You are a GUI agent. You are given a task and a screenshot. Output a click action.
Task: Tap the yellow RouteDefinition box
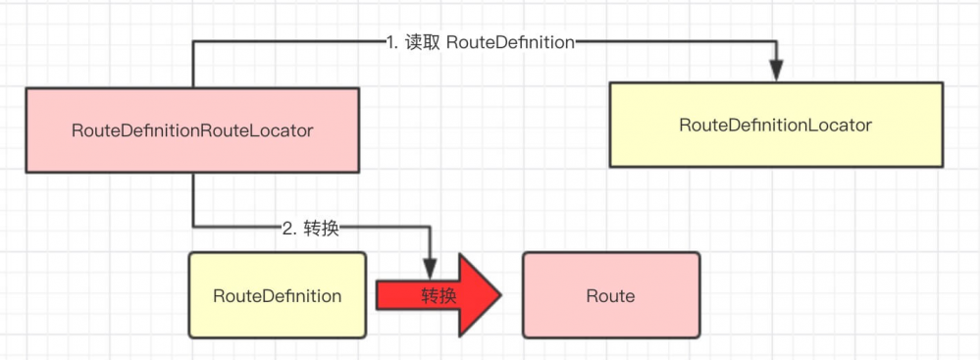[x=277, y=295]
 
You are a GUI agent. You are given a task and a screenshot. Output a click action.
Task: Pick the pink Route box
[x=610, y=295]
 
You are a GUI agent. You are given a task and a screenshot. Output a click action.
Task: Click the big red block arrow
[x=432, y=295]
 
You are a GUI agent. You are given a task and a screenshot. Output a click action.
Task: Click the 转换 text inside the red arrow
[x=438, y=295]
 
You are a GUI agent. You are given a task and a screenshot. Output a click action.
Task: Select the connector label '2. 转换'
[x=310, y=229]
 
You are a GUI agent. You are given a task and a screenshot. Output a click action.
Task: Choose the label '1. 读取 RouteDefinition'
[x=480, y=42]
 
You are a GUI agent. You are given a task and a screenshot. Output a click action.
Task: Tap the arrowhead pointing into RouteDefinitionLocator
[x=776, y=72]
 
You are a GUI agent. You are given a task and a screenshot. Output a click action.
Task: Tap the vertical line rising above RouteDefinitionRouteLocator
[x=193, y=65]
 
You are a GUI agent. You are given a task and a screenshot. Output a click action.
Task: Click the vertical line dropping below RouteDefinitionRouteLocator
[x=193, y=201]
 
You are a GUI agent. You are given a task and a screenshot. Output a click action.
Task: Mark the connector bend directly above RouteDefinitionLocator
[x=776, y=42]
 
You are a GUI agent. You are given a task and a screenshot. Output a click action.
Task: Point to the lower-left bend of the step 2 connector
[x=193, y=228]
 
